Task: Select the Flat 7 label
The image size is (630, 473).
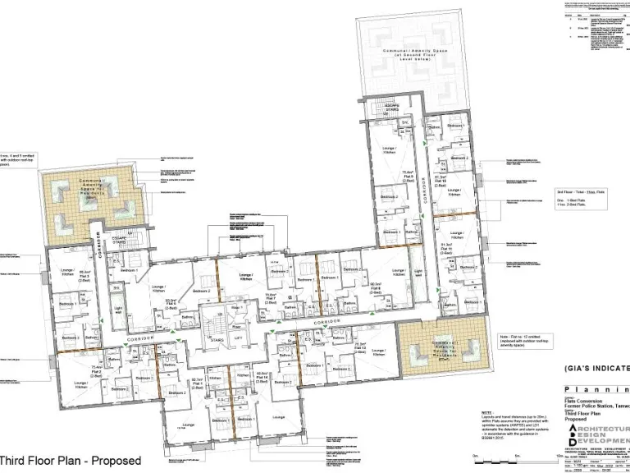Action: pyautogui.click(x=269, y=301)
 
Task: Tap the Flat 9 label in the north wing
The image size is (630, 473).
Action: pyautogui.click(x=406, y=177)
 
